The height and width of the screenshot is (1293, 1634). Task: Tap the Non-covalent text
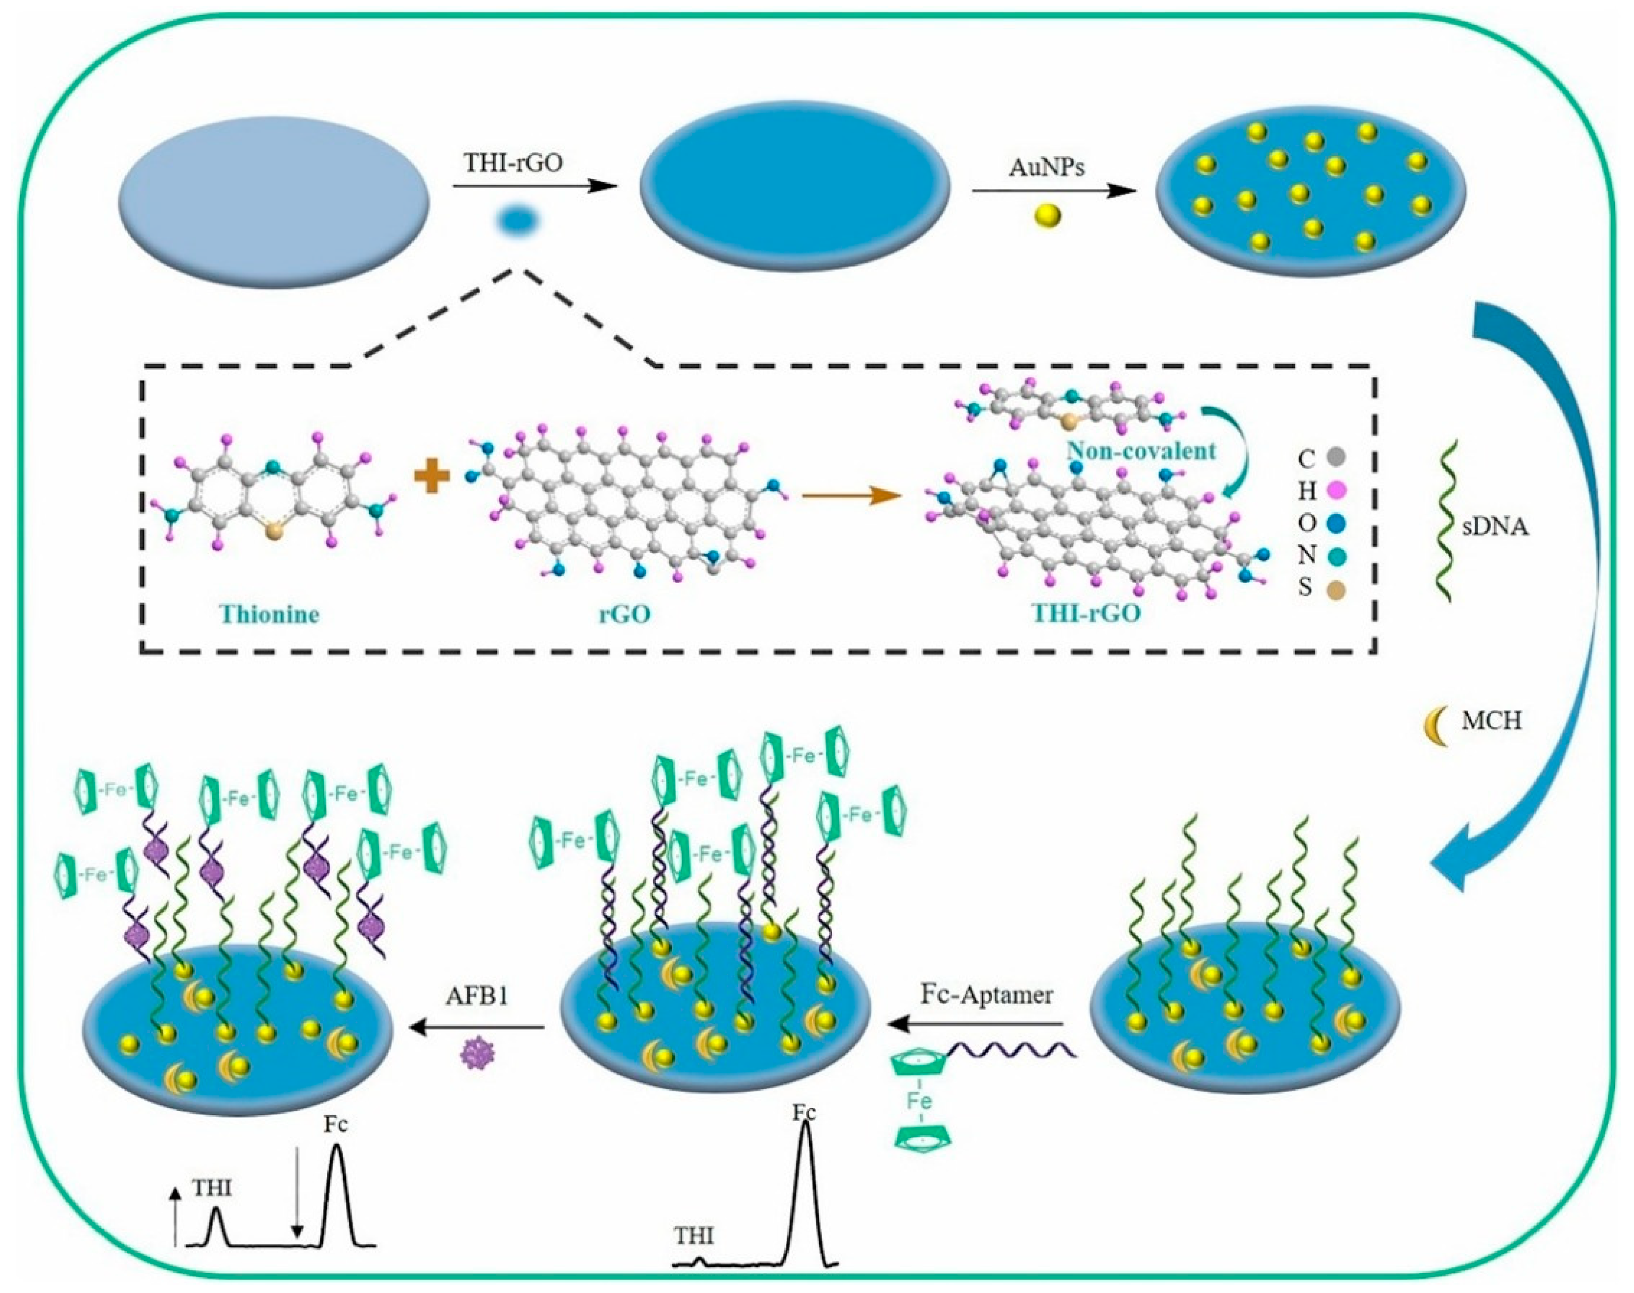[x=1141, y=451]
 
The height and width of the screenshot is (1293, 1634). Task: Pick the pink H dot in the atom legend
[x=1335, y=491]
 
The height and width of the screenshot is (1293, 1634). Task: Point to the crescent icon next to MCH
[x=1433, y=725]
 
